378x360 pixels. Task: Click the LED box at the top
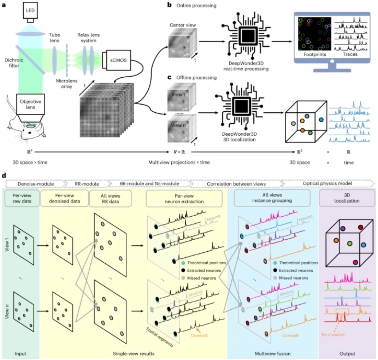(x=30, y=10)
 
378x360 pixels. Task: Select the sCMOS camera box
(x=118, y=60)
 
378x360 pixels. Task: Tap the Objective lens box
(x=30, y=104)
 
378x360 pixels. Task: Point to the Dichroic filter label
(x=14, y=63)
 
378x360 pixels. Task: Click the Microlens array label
(x=67, y=84)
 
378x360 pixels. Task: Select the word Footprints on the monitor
(x=315, y=55)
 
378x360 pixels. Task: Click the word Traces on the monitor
(x=350, y=54)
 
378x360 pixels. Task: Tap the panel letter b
(x=170, y=5)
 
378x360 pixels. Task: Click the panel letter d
(x=4, y=175)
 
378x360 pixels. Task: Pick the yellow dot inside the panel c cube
(x=302, y=121)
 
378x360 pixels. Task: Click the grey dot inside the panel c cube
(x=293, y=124)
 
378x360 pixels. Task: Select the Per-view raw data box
(x=22, y=198)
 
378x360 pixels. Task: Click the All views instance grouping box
(x=272, y=198)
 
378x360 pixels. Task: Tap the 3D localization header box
(x=347, y=198)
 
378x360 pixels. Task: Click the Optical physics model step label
(x=327, y=183)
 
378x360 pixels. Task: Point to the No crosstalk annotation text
(x=333, y=334)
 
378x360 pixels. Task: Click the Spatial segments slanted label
(x=160, y=337)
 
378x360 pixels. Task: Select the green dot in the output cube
(x=350, y=244)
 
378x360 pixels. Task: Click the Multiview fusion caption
(x=273, y=354)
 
